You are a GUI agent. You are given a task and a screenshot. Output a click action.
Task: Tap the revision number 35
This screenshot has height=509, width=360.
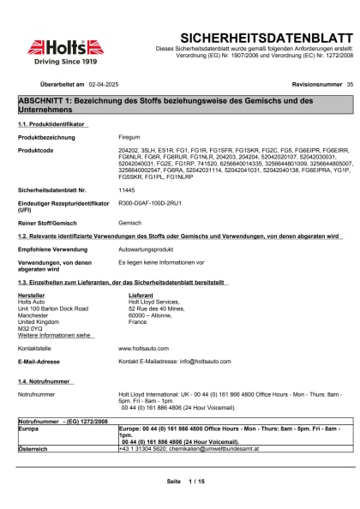(x=349, y=86)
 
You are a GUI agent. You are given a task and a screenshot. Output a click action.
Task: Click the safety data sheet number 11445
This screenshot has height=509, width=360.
(x=127, y=189)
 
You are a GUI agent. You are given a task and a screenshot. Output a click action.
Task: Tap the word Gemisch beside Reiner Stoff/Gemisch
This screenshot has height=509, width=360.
(x=129, y=222)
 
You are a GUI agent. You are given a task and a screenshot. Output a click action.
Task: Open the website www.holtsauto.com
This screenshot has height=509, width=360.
(x=143, y=349)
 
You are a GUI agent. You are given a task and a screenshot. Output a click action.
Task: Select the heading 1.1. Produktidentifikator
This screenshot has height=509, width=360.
(x=52, y=124)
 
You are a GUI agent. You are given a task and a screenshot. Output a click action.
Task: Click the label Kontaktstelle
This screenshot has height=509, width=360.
(x=36, y=349)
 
